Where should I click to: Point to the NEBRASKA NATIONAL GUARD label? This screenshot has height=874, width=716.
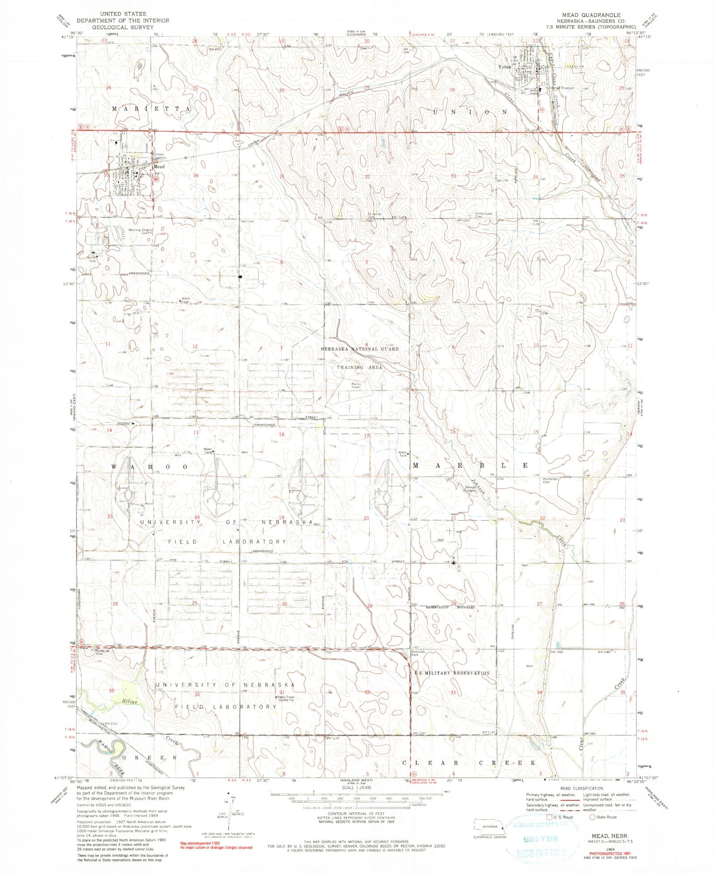click(x=359, y=348)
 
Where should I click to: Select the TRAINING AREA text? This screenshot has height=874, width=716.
click(x=359, y=367)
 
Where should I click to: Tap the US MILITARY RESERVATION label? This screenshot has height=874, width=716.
click(x=452, y=673)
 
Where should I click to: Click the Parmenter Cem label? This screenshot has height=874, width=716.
click(x=550, y=480)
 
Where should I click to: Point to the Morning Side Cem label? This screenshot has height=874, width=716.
click(x=138, y=231)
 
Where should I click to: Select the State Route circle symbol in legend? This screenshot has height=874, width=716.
click(x=592, y=817)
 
